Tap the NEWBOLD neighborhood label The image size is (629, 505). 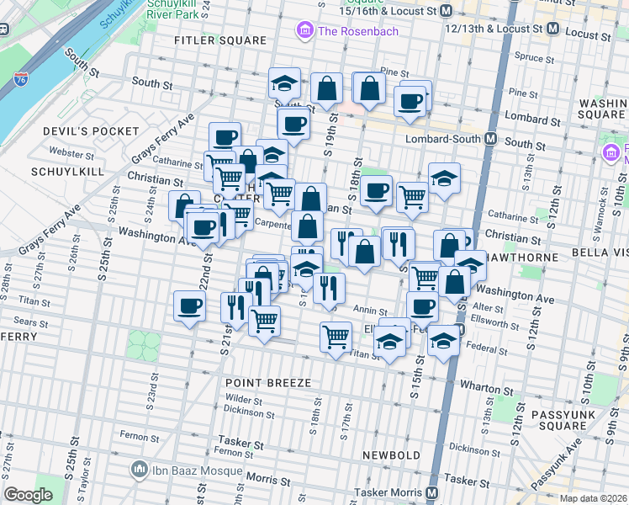pos(391,455)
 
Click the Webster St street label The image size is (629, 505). pos(71,154)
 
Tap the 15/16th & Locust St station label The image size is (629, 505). pos(395,12)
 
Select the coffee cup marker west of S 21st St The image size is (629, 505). pos(189,306)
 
